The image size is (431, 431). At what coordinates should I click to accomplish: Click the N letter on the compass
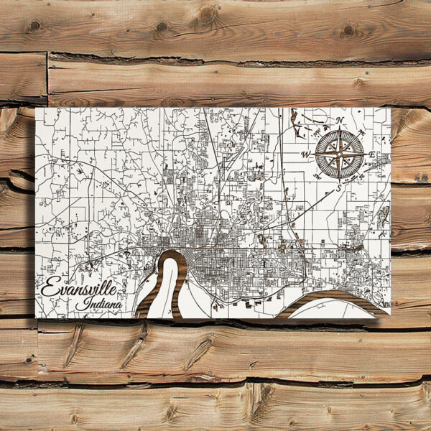pos(341,121)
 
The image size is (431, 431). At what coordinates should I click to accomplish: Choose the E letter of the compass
pos(371,154)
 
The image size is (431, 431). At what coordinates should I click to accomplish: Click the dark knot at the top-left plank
pos(32,25)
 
